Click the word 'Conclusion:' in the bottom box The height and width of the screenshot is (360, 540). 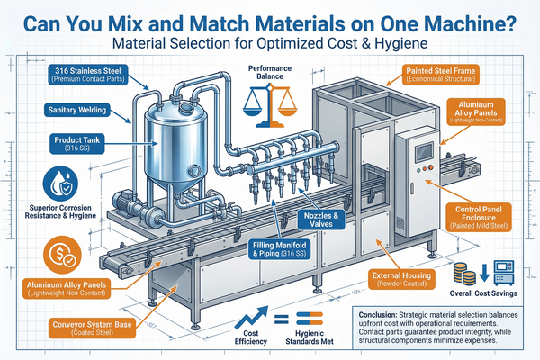coord(373,313)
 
